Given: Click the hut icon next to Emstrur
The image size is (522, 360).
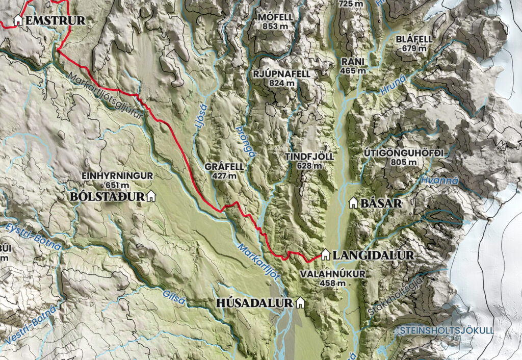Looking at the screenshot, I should tap(18, 20).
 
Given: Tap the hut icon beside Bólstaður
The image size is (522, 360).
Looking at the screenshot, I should tap(150, 196).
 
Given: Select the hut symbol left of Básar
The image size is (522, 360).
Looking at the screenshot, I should tap(353, 203).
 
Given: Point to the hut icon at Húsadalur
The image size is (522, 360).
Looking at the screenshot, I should tap(300, 303).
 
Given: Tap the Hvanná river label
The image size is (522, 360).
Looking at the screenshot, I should tap(440, 181).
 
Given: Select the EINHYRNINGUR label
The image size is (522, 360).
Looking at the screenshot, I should tap(117, 176).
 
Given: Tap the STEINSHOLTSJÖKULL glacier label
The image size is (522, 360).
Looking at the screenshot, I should tap(447, 330).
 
